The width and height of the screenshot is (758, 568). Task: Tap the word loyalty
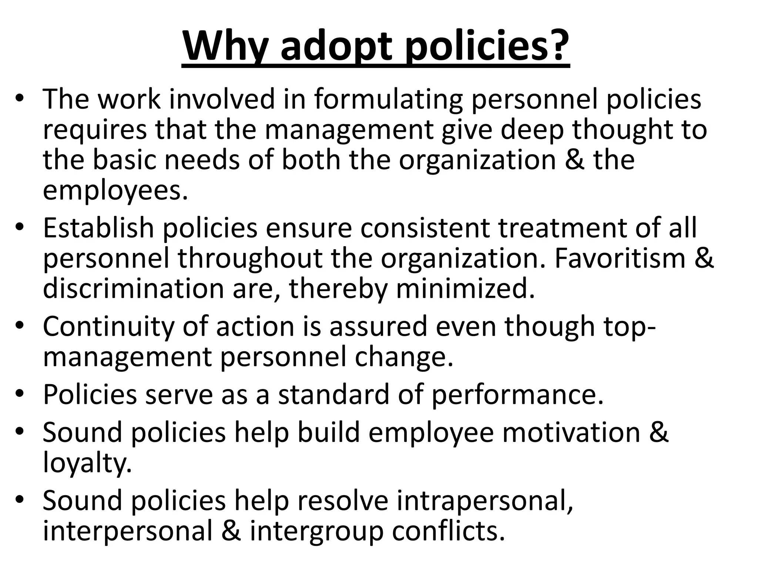(x=87, y=463)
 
